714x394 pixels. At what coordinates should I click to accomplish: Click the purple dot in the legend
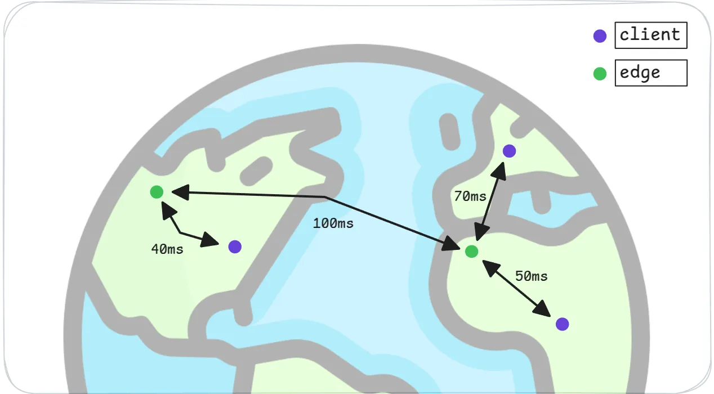coord(600,36)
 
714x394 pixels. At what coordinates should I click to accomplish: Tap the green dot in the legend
coord(600,73)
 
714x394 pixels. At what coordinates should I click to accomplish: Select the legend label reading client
coord(651,35)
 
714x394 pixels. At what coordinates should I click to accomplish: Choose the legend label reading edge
coord(651,73)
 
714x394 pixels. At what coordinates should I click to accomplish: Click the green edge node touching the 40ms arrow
coord(157,192)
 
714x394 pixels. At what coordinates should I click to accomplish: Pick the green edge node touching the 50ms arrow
coord(472,252)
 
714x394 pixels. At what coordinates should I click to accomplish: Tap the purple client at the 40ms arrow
coord(235,247)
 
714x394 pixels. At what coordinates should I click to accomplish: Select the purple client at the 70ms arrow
coord(509,151)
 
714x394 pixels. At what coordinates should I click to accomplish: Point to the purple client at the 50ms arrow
coord(562,324)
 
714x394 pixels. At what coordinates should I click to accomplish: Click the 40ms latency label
coord(167,249)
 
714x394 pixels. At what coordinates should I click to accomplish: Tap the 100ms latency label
coord(333,223)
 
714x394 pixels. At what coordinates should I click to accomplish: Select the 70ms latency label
coord(470,196)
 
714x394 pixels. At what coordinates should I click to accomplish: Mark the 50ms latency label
coord(532,276)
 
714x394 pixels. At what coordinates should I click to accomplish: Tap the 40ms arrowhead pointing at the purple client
coord(211,240)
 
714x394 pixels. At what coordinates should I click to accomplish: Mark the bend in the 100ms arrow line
coord(325,197)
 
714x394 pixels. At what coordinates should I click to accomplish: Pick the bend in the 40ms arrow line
coord(180,232)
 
